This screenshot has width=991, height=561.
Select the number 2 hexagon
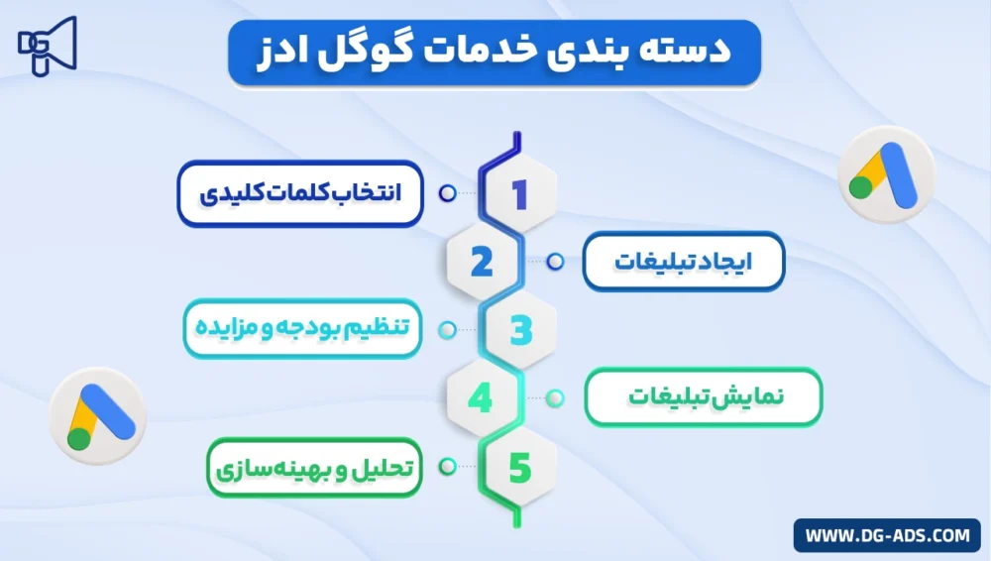click(x=482, y=262)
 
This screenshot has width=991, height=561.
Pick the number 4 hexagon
click(x=481, y=397)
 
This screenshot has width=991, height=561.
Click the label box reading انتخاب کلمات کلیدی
click(x=300, y=193)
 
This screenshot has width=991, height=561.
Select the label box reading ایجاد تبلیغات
click(x=683, y=262)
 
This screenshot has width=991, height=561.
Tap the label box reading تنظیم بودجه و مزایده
click(x=302, y=329)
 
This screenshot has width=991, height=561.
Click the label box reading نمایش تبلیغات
click(x=703, y=397)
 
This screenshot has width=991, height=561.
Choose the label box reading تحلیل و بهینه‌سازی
click(x=314, y=466)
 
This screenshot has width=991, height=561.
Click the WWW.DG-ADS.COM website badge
click(x=887, y=535)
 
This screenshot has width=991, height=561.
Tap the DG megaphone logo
click(x=47, y=46)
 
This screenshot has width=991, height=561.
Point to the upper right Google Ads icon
click(x=885, y=175)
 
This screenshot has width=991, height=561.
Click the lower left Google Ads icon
click(x=96, y=417)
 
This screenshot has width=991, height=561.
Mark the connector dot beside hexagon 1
click(x=447, y=194)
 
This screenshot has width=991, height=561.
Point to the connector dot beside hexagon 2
click(x=555, y=262)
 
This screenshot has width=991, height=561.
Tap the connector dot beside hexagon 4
click(x=555, y=397)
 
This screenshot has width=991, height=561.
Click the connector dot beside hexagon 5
click(x=447, y=466)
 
